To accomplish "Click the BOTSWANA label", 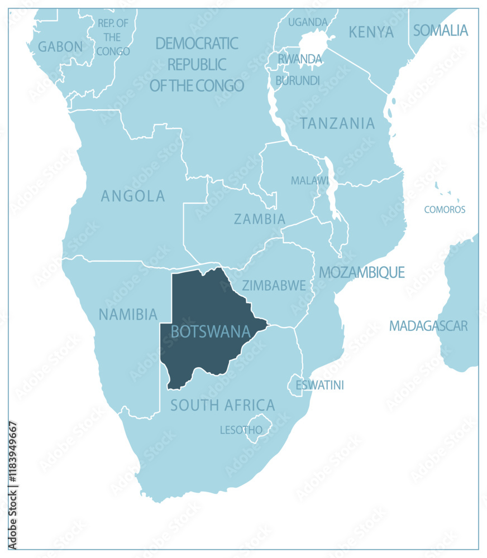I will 210,331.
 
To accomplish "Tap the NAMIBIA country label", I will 128,315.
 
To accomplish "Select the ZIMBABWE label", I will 274,286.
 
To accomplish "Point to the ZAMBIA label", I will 260,219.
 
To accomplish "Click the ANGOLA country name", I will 133,196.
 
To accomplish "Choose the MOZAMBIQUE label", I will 361,272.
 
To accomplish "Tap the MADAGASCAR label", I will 428,326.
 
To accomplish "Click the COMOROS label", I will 445,210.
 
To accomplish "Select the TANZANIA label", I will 337,123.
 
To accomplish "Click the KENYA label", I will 371,32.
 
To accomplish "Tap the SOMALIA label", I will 440,31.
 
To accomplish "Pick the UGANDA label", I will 308,22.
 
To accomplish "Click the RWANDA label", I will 300,59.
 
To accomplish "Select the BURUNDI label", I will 298,80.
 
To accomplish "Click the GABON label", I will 60,47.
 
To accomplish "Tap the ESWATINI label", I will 319,385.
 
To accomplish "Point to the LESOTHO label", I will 241,430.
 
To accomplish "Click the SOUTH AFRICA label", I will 222,405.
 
